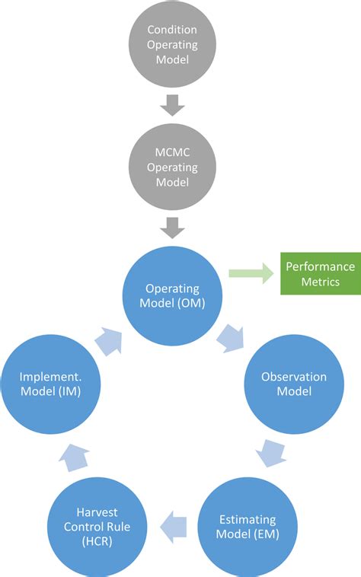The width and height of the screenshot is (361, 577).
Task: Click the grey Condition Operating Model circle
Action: coord(172,44)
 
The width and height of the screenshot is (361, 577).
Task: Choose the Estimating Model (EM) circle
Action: coord(249,526)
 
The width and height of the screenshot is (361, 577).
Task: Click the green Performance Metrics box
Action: coord(320,274)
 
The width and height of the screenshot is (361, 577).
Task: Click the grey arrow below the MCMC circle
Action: coord(172,227)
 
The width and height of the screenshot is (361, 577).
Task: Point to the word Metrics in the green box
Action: coord(320,282)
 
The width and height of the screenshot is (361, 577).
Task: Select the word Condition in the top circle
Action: coord(172,30)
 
